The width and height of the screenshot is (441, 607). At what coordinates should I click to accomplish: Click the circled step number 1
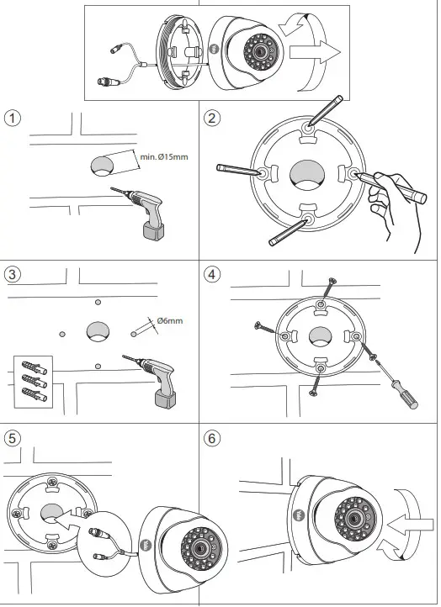[x=13, y=118]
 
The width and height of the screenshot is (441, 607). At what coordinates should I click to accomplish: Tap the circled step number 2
[x=211, y=118]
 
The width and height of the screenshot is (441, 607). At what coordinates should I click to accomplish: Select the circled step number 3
[x=13, y=274]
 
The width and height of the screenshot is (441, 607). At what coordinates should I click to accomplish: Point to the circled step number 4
[x=211, y=274]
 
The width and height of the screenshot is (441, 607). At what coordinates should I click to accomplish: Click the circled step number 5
[x=13, y=439]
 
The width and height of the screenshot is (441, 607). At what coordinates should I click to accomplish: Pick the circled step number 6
[x=211, y=439]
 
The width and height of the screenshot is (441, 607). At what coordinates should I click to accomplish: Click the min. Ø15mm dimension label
[x=164, y=156]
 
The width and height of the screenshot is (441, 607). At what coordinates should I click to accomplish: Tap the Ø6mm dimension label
[x=170, y=320]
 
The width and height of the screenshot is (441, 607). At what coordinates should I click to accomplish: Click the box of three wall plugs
[x=34, y=382]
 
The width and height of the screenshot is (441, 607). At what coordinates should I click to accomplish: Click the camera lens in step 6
[x=353, y=518]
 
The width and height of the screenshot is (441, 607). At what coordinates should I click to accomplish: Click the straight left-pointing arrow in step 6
[x=410, y=525]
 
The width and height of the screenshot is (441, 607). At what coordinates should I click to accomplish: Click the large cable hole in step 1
[x=103, y=166]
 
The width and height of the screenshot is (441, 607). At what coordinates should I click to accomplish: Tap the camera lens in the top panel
[x=259, y=50]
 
